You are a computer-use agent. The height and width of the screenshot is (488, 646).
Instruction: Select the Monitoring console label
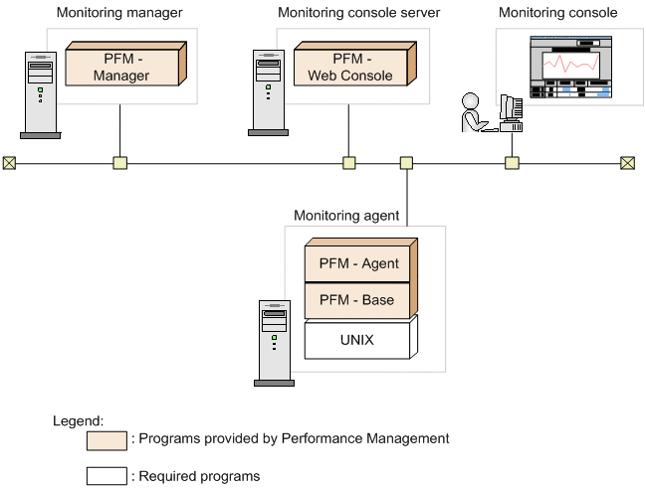(x=557, y=13)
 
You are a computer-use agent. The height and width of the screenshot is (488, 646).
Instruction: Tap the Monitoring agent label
(x=346, y=215)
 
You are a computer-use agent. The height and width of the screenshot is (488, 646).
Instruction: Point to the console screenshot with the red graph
(x=570, y=68)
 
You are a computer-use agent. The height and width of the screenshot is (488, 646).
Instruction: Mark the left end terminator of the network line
(x=10, y=163)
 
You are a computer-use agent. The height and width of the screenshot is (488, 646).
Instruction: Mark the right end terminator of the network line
(x=627, y=163)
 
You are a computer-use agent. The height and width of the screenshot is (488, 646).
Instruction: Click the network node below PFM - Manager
(x=120, y=163)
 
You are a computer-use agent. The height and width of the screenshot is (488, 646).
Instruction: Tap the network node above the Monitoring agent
(x=406, y=163)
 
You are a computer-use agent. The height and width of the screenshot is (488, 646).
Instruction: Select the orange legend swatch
(x=107, y=439)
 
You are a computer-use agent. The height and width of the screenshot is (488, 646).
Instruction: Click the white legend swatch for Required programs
(x=107, y=476)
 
